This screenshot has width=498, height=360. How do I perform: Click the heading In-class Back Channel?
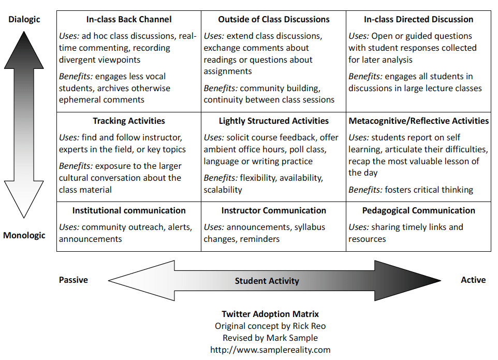[x=129, y=20]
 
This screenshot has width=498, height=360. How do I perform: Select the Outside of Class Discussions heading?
[x=274, y=20]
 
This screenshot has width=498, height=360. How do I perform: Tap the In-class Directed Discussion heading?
[x=418, y=20]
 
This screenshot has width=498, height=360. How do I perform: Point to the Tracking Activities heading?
[x=129, y=121]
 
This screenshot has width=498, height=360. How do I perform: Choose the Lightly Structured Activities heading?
[x=274, y=121]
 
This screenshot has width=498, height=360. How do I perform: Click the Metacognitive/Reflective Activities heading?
[x=419, y=121]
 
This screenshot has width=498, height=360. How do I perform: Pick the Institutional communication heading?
[x=129, y=211]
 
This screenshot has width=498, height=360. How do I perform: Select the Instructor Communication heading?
[x=274, y=211]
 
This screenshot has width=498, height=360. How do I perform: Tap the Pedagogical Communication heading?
[x=419, y=211]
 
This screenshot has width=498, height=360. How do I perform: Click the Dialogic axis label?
[x=24, y=20]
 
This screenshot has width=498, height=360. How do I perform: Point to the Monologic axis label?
[x=24, y=236]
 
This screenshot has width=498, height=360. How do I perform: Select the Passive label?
[x=74, y=280]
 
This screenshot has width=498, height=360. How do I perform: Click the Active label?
[x=473, y=280]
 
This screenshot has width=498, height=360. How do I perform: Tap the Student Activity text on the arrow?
[x=267, y=281]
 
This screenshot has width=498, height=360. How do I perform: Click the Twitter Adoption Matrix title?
[x=270, y=314]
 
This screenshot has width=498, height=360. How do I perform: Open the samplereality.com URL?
[x=270, y=350]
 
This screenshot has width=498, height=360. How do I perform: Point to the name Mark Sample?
[x=293, y=338]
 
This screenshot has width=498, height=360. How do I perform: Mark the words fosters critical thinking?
[x=429, y=190]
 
